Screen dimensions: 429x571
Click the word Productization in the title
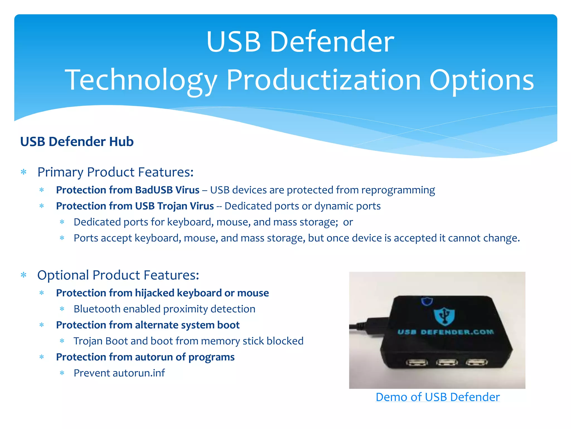[323, 80]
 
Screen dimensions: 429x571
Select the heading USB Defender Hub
[77, 142]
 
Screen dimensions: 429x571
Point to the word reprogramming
[398, 190]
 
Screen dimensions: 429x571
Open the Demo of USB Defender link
[437, 397]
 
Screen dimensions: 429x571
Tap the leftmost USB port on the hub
[417, 363]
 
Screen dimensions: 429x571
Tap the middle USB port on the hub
[447, 363]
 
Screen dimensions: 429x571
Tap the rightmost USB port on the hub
[477, 362]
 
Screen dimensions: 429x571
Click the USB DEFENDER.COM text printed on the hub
[445, 332]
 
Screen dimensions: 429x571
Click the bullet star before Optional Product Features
[24, 275]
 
